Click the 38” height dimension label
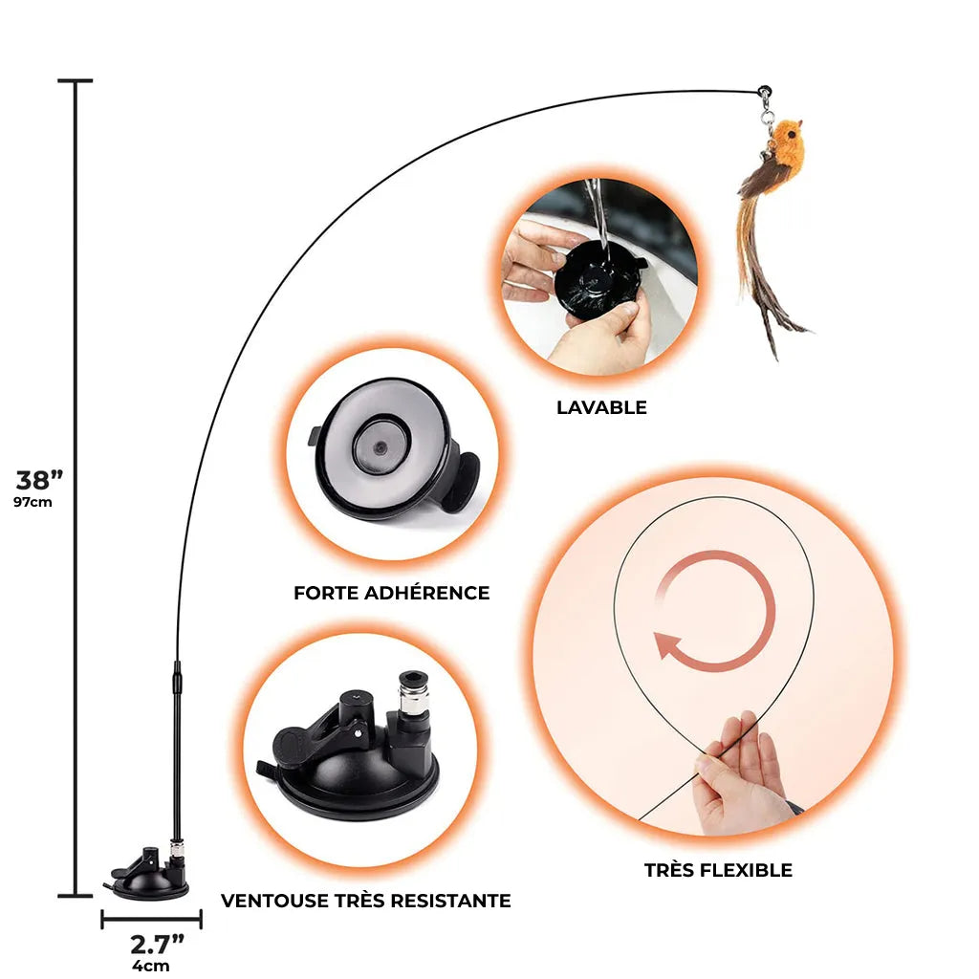point(39,480)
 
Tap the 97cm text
point(33,503)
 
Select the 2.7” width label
point(157,946)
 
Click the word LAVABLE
point(601,408)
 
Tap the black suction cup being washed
point(598,280)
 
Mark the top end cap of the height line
point(76,81)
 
